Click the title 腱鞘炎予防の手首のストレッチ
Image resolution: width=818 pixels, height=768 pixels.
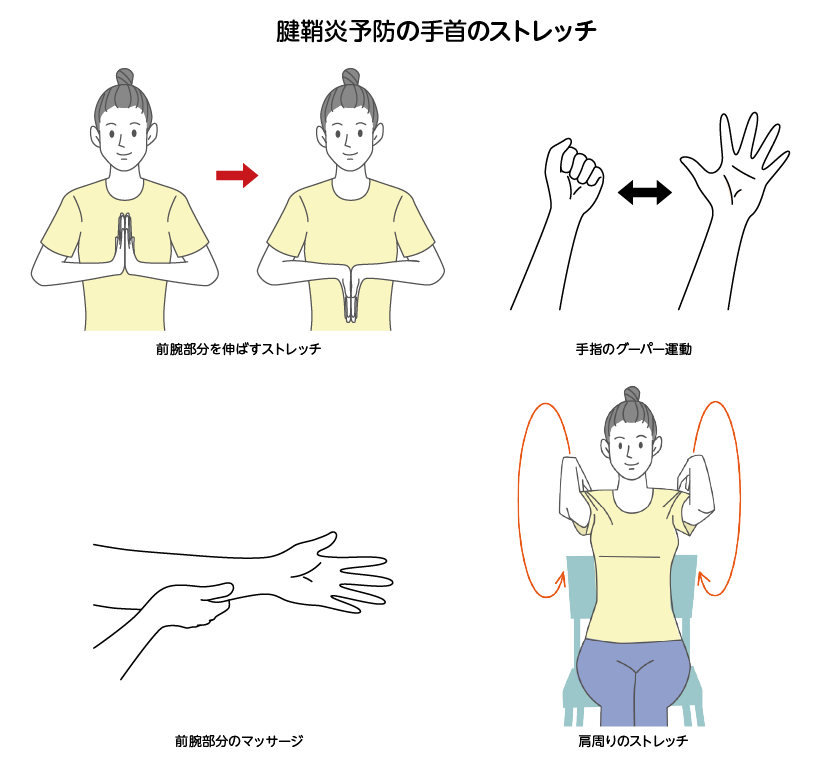click(436, 31)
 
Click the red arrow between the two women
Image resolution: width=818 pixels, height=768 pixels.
click(237, 175)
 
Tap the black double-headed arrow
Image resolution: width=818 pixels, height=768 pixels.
click(645, 193)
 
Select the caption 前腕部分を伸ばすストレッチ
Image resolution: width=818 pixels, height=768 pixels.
click(238, 349)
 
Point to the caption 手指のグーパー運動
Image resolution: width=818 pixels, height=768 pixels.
click(633, 349)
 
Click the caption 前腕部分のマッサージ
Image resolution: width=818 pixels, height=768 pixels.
click(239, 740)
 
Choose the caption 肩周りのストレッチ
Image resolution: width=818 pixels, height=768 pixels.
click(633, 740)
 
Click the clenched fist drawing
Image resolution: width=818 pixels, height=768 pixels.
click(574, 175)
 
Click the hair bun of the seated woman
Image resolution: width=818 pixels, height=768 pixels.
click(632, 394)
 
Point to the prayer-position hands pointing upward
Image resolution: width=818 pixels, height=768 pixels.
click(125, 243)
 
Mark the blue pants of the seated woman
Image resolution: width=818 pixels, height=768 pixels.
click(633, 681)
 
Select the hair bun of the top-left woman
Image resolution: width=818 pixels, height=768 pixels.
click(125, 77)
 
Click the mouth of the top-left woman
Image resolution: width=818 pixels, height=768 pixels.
click(124, 155)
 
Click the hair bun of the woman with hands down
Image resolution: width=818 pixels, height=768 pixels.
click(351, 77)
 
